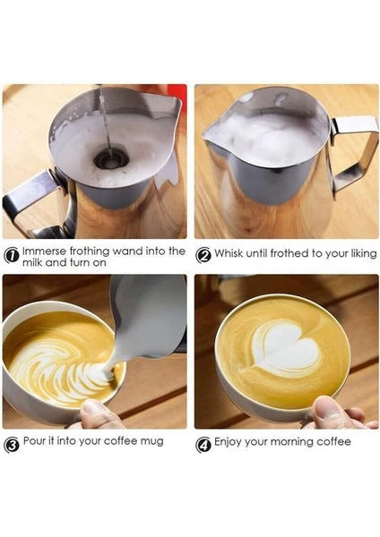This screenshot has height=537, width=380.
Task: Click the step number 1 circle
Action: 11,256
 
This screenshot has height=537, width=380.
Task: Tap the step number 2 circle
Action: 203,256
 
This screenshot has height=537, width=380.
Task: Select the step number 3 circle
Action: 12,446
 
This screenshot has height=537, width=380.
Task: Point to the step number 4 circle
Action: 203,446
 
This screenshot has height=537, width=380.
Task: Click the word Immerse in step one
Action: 44,251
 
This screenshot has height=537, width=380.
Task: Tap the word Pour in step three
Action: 34,440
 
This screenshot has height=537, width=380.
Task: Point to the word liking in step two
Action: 364,254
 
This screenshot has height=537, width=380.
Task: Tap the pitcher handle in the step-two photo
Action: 354,153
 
